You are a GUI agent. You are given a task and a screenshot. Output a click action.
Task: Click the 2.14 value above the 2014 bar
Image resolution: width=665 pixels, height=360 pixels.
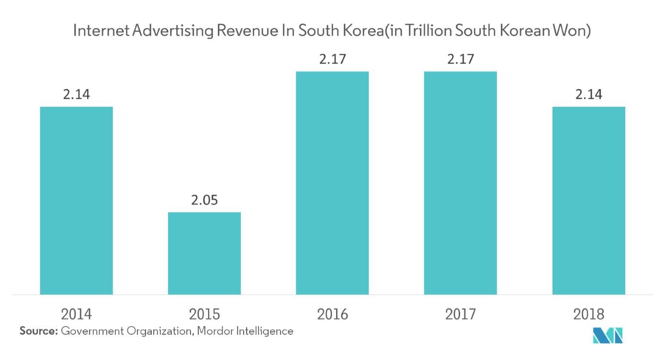coord(76,95)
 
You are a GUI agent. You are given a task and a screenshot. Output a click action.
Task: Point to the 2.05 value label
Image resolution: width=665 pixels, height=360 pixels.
coord(204,200)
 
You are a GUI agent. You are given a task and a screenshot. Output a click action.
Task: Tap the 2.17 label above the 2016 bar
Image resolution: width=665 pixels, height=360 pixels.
coord(332,59)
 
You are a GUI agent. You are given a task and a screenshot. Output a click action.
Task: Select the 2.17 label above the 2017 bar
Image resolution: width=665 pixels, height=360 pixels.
coord(461,59)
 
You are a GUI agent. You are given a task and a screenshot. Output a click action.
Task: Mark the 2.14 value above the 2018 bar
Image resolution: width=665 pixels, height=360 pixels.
coord(589,95)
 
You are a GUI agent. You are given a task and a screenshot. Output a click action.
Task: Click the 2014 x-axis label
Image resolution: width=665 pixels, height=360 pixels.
coord(76,315)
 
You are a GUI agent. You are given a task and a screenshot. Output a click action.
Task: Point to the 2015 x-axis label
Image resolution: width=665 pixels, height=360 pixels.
coord(204,315)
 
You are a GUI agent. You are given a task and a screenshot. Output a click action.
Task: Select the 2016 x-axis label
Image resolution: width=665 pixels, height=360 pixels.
coord(332,315)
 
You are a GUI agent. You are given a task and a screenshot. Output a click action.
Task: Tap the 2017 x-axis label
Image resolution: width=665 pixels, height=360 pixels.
coord(461,315)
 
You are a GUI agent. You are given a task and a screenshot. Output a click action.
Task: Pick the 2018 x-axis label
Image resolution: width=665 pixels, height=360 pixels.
coord(589,315)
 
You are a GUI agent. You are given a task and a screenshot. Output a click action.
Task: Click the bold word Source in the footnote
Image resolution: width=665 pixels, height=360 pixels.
coord(39,331)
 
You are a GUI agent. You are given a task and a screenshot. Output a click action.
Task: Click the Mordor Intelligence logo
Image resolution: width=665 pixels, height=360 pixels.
coord(608,336)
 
